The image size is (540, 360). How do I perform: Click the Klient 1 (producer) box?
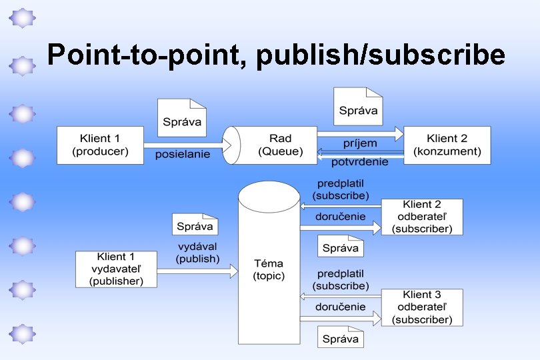pos(100,145)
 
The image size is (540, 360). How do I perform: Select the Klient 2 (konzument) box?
pos(447,145)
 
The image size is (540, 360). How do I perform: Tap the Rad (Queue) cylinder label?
pos(280,145)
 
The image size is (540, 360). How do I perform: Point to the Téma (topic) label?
pos(269,269)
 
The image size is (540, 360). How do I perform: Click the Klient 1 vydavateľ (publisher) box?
pos(116,269)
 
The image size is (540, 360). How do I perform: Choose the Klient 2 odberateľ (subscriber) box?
pos(422,217)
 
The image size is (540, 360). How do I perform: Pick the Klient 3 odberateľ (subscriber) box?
pos(422,307)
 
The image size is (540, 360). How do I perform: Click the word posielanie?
pos(182,155)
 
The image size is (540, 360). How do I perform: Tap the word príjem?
pos(360,143)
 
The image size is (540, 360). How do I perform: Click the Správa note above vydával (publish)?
pos(195,225)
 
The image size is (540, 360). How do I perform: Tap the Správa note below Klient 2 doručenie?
pos(340,247)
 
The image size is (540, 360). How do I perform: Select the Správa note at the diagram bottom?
pos(340,337)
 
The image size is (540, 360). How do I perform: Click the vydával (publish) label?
pos(197,252)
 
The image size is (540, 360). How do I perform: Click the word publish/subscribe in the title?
pos(379,55)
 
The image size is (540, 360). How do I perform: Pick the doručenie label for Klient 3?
pos(340,307)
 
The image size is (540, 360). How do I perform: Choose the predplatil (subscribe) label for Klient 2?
pos(340,189)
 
